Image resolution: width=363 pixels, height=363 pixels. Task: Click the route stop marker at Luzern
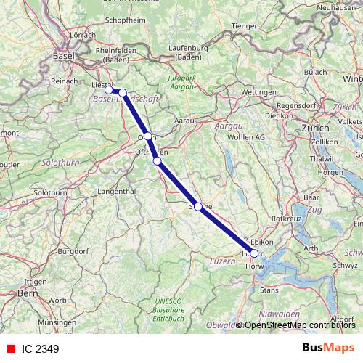coord(254,253)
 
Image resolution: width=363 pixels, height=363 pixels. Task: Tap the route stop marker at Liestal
coord(109,90)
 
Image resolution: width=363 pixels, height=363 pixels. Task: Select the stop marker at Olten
coord(147,136)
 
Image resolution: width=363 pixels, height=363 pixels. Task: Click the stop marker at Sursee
coord(198,206)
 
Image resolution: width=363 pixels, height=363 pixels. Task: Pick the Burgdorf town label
coord(71,250)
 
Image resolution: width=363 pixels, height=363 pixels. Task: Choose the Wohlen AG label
coord(248,136)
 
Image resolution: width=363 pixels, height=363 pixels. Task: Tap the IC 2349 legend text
coord(39,348)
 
